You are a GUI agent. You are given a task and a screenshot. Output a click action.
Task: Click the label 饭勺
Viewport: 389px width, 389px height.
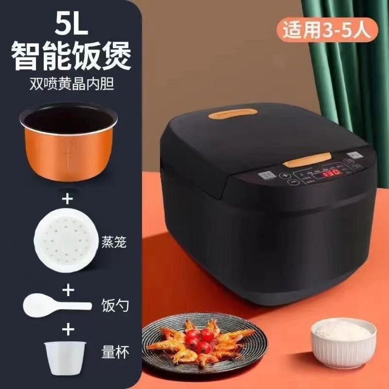114,305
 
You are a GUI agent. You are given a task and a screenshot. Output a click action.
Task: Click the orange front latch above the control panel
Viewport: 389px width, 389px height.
307,160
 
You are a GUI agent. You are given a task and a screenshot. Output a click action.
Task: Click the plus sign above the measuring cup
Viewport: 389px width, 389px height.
68,329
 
